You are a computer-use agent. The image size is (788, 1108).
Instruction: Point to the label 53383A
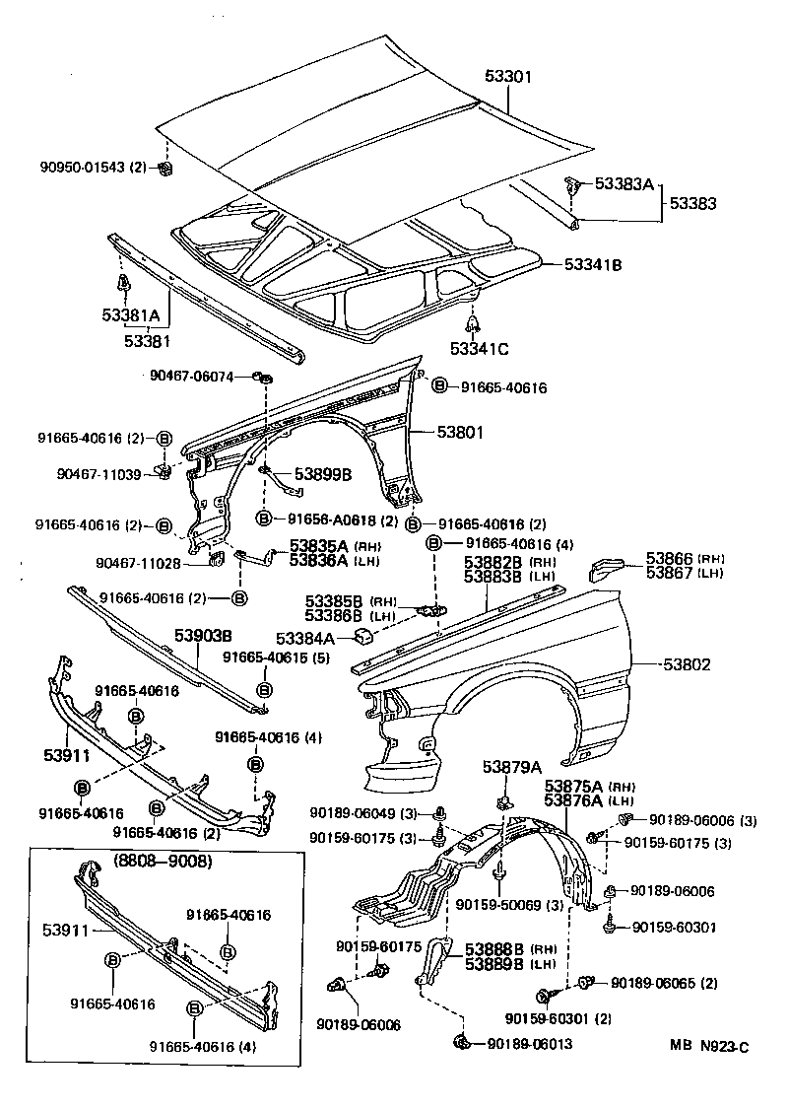[622, 183]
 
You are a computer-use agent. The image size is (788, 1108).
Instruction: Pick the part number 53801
[449, 431]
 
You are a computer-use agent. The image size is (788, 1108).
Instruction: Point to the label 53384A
[305, 638]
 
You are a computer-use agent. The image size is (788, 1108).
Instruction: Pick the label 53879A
[512, 767]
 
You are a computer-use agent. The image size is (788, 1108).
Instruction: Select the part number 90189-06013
[529, 1044]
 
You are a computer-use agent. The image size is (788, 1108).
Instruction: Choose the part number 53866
[670, 557]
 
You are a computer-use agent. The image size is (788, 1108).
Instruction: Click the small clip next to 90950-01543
[165, 169]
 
